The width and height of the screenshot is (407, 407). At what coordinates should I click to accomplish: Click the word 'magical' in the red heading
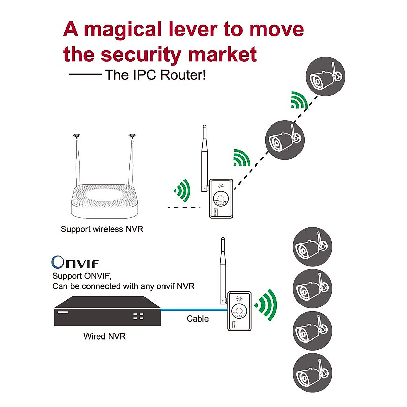tap(123, 30)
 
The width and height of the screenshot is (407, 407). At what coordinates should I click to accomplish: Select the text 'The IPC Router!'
tap(155, 75)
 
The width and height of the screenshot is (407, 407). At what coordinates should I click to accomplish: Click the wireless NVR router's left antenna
tap(78, 163)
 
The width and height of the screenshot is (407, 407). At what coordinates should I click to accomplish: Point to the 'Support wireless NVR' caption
tap(102, 229)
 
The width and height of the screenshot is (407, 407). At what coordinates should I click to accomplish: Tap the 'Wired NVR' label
tap(104, 336)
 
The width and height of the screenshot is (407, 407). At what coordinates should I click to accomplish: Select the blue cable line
tap(193, 310)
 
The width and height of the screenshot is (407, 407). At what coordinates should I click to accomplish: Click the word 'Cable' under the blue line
tap(197, 319)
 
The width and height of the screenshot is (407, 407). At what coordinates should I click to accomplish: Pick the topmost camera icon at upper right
tap(325, 76)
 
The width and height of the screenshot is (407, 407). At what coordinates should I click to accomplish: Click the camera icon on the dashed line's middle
tap(285, 140)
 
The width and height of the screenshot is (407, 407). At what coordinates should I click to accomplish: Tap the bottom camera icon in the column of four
tap(312, 373)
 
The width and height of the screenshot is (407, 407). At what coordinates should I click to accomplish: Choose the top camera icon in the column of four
tap(312, 247)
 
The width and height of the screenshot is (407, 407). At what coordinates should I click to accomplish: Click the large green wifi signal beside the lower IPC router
tap(267, 305)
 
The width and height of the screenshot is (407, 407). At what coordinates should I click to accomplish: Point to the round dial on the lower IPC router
tap(239, 311)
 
